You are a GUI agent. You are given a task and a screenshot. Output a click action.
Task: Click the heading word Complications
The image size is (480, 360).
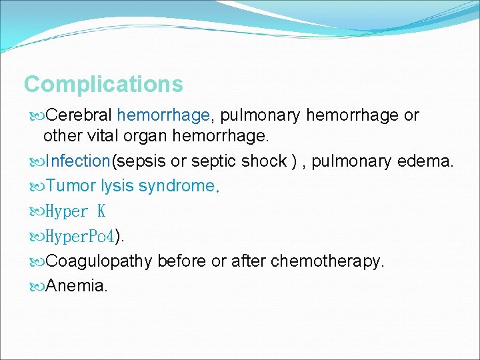103,85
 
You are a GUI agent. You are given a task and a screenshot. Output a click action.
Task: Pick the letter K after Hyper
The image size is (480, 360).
101,211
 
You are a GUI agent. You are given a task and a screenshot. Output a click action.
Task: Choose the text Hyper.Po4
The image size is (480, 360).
79,236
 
